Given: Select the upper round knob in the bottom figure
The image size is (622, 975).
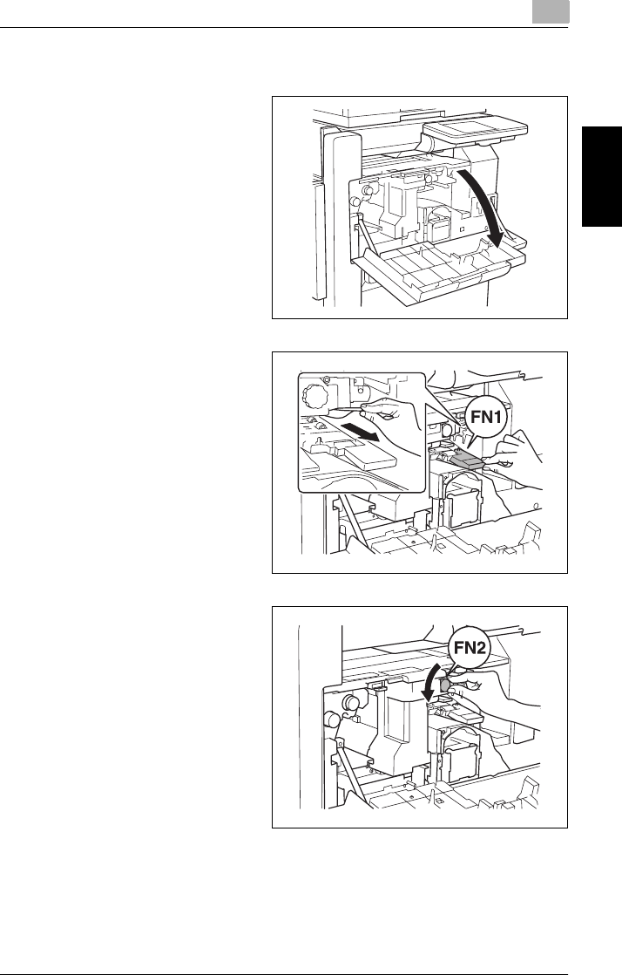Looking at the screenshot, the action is tap(352, 702).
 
